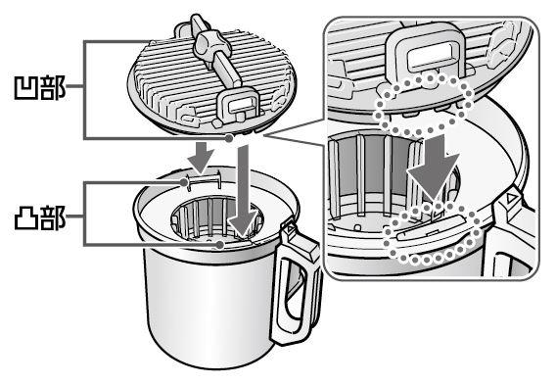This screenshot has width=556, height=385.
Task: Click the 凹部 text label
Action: [40, 87]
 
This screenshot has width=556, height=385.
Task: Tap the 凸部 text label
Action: [40, 217]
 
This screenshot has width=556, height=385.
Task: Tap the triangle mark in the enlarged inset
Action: [511, 197]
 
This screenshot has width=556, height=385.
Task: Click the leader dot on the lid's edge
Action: [230, 138]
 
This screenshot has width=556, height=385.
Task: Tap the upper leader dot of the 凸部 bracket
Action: [184, 182]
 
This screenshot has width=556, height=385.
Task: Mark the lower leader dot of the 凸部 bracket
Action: [220, 244]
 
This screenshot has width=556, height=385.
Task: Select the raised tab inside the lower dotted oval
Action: [431, 227]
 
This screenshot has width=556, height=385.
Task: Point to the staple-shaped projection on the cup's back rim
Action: [204, 179]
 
